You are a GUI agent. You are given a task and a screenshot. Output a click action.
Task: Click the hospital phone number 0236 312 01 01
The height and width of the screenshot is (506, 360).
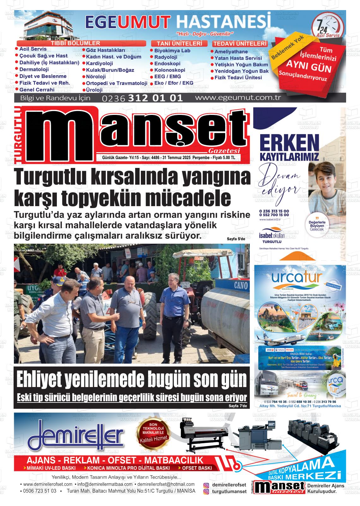[142, 98]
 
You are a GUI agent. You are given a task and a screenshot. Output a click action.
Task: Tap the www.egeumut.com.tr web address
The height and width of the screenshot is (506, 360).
[238, 98]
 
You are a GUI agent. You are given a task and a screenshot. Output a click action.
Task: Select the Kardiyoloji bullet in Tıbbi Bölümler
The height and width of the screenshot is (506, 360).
[99, 63]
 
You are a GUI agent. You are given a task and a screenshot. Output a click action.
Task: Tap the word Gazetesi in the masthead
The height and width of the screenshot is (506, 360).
[225, 151]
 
